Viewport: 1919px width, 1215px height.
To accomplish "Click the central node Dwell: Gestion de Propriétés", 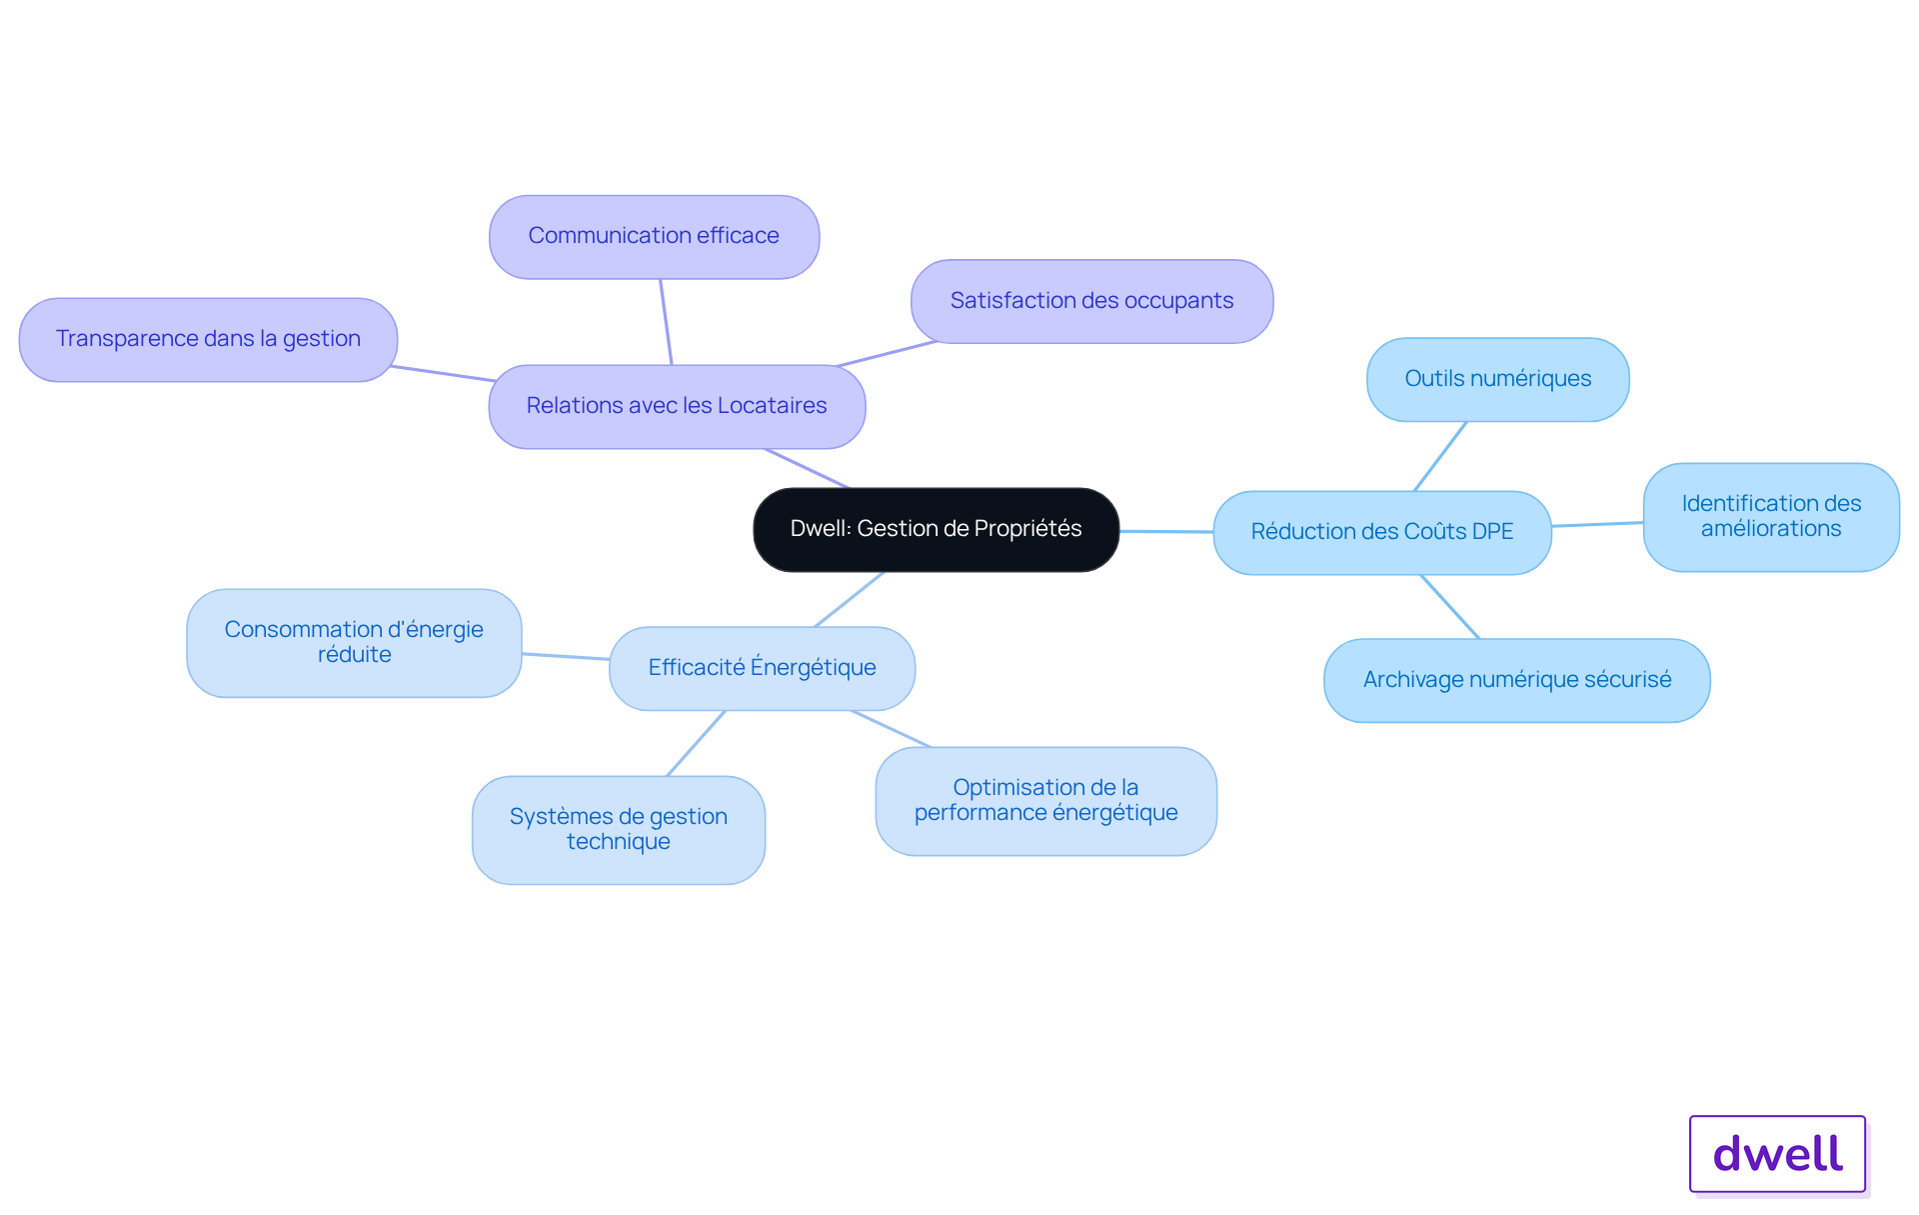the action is [936, 529].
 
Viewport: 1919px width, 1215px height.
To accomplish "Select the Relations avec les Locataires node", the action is [677, 406].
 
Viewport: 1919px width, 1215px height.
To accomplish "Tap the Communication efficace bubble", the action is [654, 236].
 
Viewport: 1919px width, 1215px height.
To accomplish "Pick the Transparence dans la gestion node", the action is [208, 339].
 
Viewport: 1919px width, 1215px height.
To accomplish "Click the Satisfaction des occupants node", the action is [1091, 301].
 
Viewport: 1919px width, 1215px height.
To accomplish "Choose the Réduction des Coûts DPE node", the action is [1382, 532].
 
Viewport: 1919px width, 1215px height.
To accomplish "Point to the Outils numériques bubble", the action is [1497, 379].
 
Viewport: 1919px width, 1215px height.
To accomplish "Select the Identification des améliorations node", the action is [1771, 517].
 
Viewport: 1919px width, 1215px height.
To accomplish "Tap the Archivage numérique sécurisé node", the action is [1516, 680].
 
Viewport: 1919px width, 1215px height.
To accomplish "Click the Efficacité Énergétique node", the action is [762, 668].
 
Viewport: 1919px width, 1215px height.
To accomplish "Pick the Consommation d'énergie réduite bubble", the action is [354, 642].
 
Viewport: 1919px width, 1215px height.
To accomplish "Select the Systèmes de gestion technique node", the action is [619, 829].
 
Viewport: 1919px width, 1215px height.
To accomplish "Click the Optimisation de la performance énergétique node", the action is [1045, 800].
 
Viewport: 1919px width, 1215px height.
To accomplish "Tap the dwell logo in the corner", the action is [1777, 1154].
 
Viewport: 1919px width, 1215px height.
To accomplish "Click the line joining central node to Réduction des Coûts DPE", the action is [1166, 531].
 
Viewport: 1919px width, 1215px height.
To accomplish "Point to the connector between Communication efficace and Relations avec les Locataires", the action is [666, 322].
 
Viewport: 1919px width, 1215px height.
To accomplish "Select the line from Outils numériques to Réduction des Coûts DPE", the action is [1440, 456].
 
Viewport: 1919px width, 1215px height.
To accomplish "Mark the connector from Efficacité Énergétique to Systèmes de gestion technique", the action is [696, 743].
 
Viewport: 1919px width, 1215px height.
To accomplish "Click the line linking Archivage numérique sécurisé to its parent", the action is [1450, 607].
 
